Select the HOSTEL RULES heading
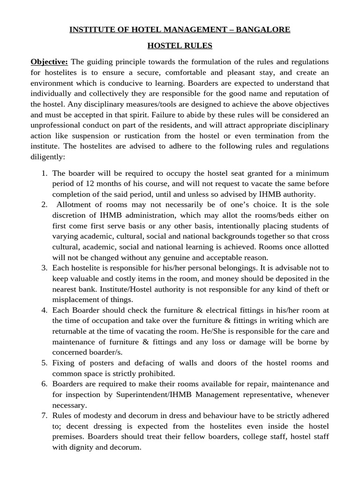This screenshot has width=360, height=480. pyautogui.click(x=180, y=46)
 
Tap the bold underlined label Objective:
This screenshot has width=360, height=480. pyautogui.click(x=49, y=62)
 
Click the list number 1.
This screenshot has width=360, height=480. pyautogui.click(x=45, y=173)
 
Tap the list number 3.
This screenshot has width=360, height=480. pyautogui.click(x=45, y=268)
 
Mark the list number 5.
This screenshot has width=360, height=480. pyautogui.click(x=45, y=363)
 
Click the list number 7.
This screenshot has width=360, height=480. pyautogui.click(x=45, y=416)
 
